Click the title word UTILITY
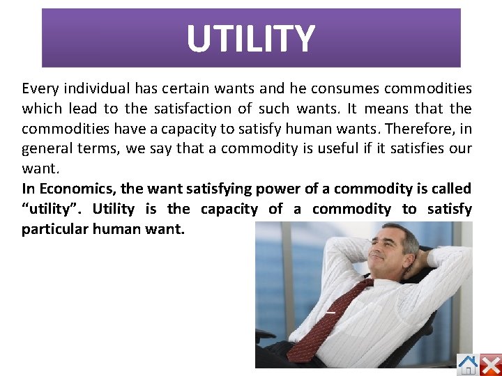(251, 39)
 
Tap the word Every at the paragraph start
(39, 89)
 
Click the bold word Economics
(77, 189)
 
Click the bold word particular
(59, 229)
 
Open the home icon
(468, 364)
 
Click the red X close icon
(491, 364)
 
